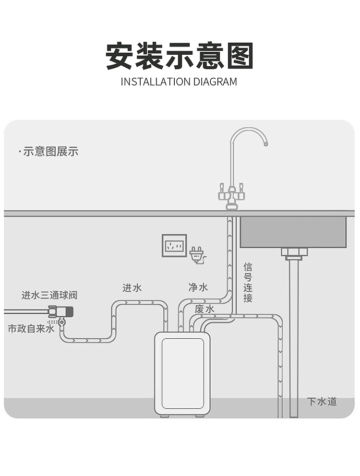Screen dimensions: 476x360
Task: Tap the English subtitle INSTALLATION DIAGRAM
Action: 179,82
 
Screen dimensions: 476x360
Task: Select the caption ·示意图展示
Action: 48,152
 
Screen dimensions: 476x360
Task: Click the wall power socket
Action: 174,246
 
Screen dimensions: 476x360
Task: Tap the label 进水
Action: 132,288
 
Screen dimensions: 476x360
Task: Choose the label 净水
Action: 198,287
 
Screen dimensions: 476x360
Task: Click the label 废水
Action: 204,309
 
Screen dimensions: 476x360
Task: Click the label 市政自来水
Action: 31,329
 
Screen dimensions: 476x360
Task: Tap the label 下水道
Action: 322,402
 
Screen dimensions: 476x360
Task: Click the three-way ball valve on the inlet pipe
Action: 61,312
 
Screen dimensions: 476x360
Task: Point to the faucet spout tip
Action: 265,143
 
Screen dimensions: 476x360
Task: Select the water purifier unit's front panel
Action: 182,373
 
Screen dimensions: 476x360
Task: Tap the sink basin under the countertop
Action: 293,232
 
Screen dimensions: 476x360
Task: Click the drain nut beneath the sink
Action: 294,253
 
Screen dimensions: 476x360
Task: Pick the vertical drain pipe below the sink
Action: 294,336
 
